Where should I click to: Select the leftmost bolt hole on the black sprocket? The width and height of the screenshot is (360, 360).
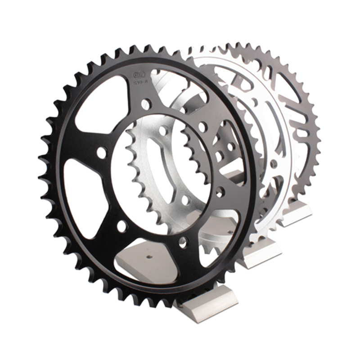102,153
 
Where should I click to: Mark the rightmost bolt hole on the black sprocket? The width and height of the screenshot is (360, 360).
220,192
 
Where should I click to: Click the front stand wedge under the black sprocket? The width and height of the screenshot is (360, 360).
207,306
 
